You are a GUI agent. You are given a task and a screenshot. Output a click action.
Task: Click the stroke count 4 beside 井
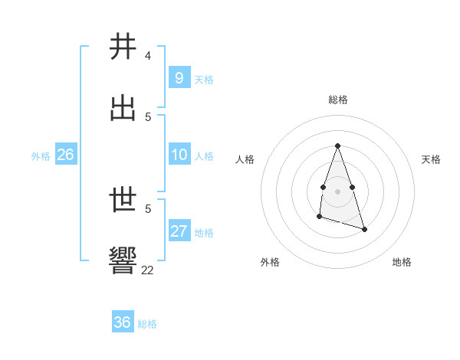pos(148,56)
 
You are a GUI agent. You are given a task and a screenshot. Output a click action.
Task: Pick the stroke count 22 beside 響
pos(148,270)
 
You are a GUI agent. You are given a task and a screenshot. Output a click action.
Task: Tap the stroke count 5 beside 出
pos(148,116)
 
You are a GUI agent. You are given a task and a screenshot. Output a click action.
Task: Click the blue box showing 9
pos(179,78)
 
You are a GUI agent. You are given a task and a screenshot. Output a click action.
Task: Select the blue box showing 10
pos(179,155)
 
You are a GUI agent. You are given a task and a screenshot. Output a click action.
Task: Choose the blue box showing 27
pos(179,231)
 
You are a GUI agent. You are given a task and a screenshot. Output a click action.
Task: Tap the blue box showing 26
pos(65,155)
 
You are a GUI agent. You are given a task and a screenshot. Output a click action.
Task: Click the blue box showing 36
pos(122,322)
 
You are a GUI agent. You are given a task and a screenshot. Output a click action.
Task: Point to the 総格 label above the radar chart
pos(337,100)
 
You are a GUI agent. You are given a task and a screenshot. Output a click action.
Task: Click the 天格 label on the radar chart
pos(431,159)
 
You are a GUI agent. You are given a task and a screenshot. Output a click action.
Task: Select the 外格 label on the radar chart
pos(270,262)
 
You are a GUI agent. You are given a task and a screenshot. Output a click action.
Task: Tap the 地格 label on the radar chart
pos(402,262)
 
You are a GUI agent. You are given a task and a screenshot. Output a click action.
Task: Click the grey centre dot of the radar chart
pos(337,190)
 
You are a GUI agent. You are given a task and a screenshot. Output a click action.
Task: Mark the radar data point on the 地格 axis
pos(364,229)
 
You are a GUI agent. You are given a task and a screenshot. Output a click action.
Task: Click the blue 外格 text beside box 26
pos(41,155)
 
